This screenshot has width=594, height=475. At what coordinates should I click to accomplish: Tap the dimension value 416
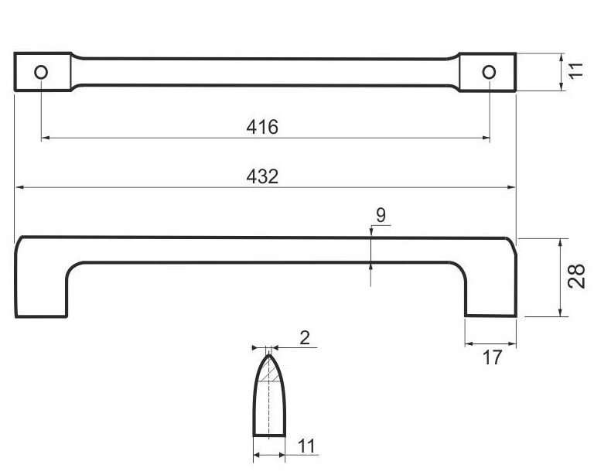(x=262, y=127)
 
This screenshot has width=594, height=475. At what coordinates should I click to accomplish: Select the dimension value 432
(x=262, y=176)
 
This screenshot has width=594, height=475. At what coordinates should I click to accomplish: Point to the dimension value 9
(x=381, y=215)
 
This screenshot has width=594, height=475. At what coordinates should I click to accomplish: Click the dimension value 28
(x=576, y=276)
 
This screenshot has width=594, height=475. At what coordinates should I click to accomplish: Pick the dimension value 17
(x=492, y=357)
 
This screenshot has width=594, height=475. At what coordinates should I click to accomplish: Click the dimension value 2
(x=305, y=337)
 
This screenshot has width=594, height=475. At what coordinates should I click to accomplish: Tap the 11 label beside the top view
(x=576, y=70)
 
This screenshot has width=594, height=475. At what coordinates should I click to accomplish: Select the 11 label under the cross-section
(x=306, y=446)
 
